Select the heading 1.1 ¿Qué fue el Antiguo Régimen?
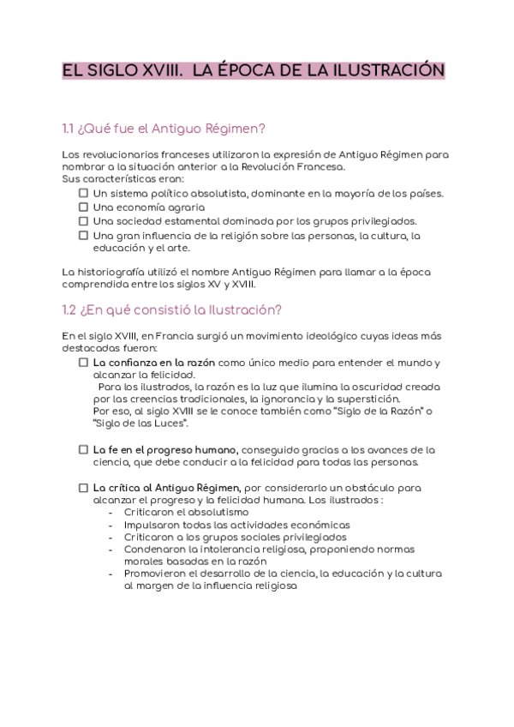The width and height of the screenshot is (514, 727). click(x=164, y=129)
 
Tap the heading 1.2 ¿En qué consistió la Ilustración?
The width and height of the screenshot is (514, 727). click(x=171, y=309)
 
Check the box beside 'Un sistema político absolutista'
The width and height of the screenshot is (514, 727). click(x=83, y=194)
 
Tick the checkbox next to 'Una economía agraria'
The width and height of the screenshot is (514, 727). click(x=83, y=207)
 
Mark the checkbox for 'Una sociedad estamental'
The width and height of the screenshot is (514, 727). click(x=83, y=221)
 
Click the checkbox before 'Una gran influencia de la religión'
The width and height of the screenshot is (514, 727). click(x=83, y=235)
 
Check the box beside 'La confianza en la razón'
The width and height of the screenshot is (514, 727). click(x=83, y=363)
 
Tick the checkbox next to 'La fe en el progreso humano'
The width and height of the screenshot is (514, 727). click(x=83, y=449)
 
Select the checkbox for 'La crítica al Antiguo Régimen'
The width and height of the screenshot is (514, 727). click(x=83, y=488)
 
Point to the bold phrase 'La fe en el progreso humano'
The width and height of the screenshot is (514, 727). click(x=166, y=449)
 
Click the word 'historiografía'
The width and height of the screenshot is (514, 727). click(x=115, y=272)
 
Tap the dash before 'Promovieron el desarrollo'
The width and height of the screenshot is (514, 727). click(x=113, y=573)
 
